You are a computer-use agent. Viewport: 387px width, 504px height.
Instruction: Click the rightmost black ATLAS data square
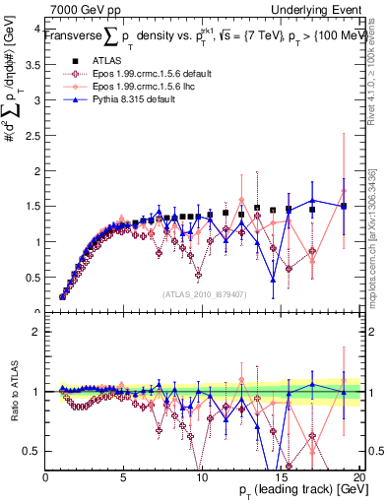tap(344, 206)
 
